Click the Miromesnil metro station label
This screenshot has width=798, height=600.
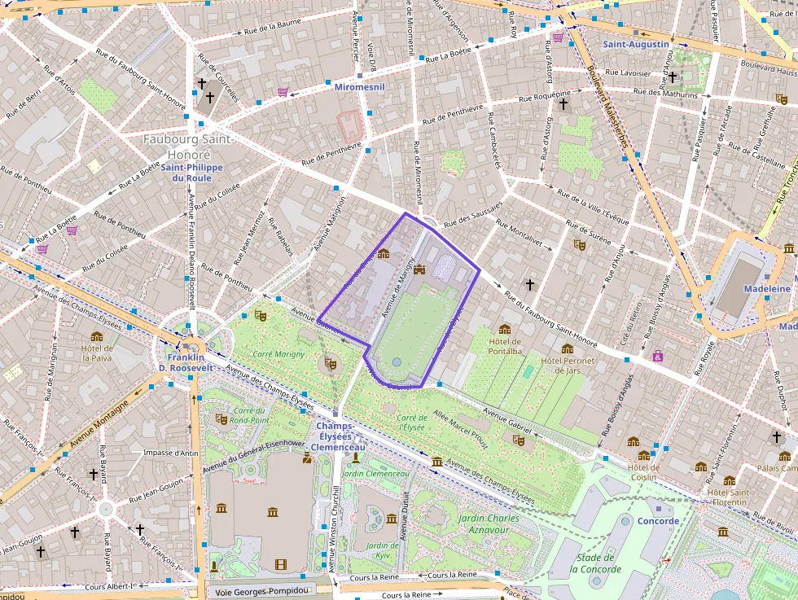(360, 85)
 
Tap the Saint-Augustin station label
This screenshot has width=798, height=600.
(635, 44)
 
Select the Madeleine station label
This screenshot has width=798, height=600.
(767, 289)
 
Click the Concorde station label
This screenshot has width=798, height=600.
(658, 521)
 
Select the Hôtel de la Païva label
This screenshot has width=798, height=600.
(98, 353)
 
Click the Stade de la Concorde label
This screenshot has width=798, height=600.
(595, 563)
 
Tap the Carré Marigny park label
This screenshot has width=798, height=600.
(278, 354)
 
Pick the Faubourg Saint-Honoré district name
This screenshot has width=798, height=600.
(188, 147)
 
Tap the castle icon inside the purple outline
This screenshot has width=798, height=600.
(420, 269)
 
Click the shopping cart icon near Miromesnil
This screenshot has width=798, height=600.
(283, 92)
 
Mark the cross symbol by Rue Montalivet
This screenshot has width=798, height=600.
(529, 285)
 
